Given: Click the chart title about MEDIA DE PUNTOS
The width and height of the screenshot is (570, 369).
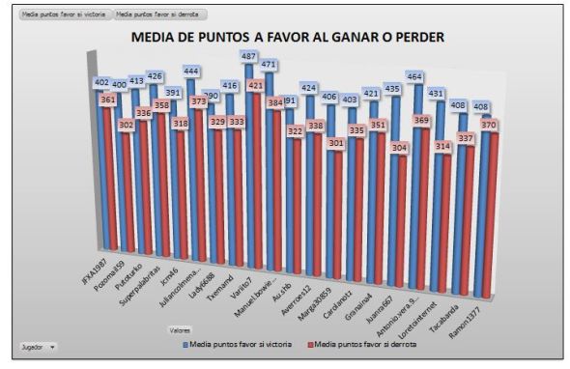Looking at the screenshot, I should pos(287,38).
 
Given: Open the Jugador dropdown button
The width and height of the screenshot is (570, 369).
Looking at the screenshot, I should pos(38,345).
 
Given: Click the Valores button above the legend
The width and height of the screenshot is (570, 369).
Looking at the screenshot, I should pos(180,329).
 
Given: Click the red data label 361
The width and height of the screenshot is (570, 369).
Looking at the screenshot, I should pos(108,99).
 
